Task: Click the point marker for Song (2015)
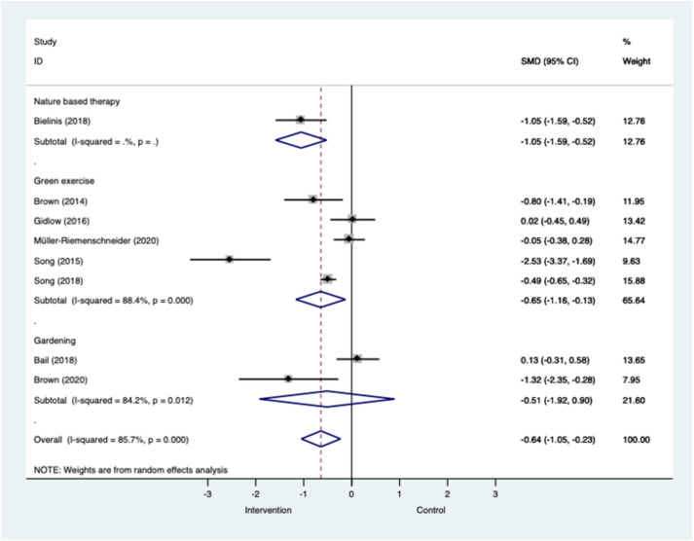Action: click(230, 259)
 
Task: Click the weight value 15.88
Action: click(633, 279)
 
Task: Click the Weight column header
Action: click(636, 61)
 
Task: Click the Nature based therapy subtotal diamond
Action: click(301, 139)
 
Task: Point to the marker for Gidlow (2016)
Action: click(352, 219)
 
